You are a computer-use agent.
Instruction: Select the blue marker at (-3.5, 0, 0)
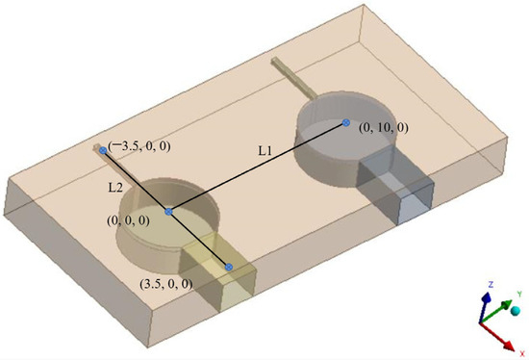pos(103,150)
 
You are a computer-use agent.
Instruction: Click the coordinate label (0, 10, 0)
pos(383,128)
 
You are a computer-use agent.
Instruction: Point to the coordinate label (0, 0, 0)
pos(128,220)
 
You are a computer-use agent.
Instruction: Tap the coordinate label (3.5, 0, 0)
pos(166,284)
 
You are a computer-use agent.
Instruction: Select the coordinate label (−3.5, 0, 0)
pos(139,146)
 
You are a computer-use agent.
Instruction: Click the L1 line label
pos(264,151)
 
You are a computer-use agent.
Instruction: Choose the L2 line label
pos(115,188)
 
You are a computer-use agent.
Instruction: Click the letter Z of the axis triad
pos(491,285)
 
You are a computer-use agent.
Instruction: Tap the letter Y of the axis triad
pos(519,295)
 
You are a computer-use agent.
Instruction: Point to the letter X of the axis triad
pos(522,353)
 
